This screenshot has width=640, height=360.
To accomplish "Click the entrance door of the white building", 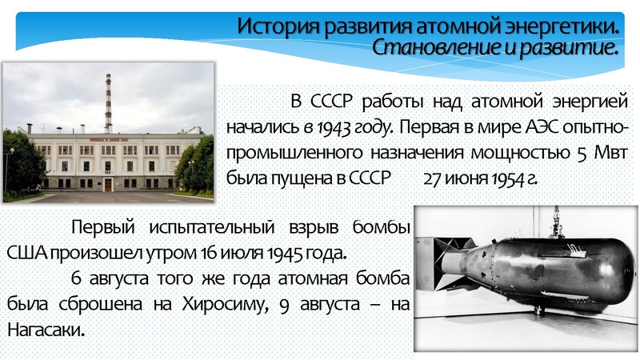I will point(108,184).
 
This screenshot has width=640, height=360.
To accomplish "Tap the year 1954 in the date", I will point(502,178).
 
